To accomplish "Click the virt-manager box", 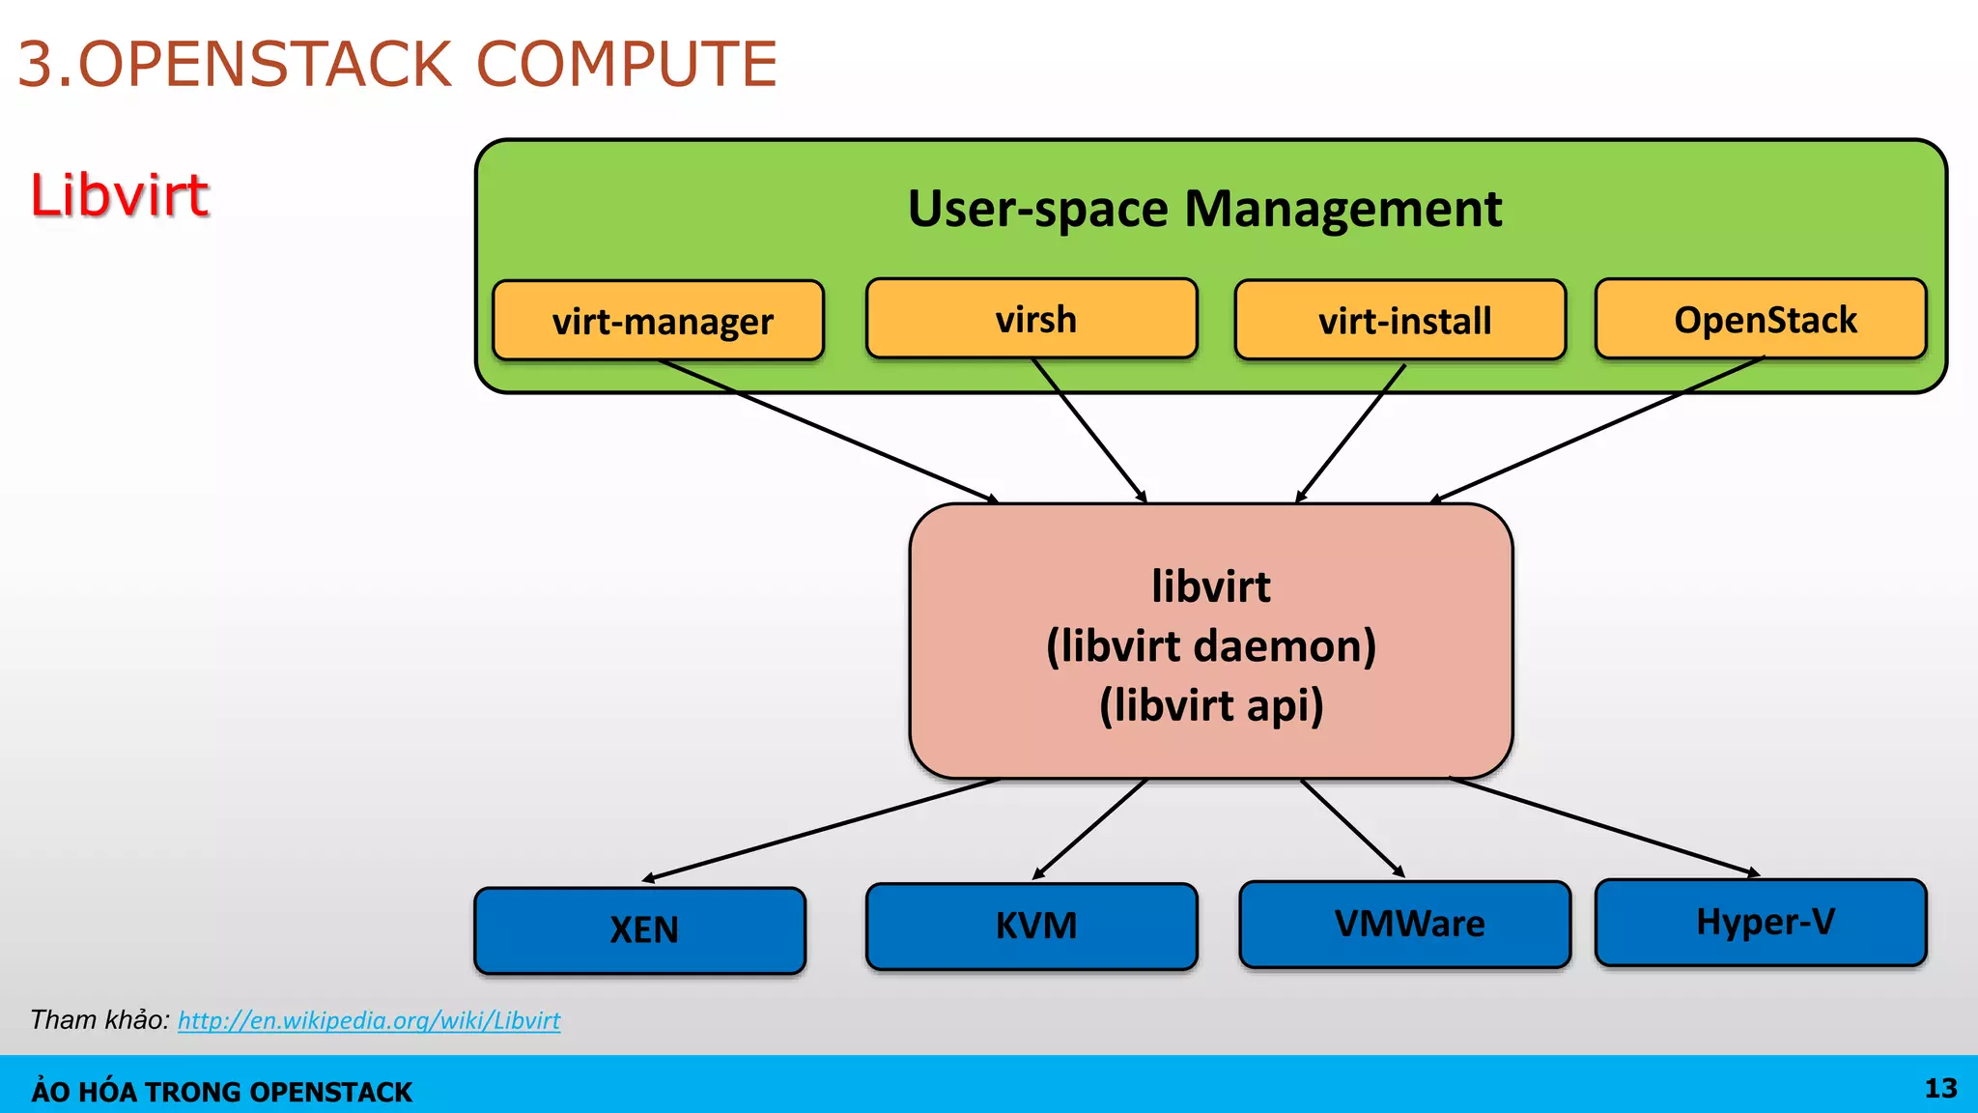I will (659, 321).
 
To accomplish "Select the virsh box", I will (1032, 319).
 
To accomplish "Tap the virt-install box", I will (1400, 320).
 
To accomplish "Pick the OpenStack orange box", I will (1761, 319).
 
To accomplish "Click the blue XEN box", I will (640, 929).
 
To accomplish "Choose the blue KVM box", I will (1032, 926).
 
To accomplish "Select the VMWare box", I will (1405, 924).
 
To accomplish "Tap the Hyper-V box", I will (1761, 922).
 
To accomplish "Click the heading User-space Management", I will (1204, 209).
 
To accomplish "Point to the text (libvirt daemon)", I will (1211, 645).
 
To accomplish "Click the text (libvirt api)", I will (1211, 705).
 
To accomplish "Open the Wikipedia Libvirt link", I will (369, 1020).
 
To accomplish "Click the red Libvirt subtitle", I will (120, 195).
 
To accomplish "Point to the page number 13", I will (1940, 1089).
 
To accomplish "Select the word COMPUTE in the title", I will (626, 65).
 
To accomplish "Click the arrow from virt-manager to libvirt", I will (829, 431).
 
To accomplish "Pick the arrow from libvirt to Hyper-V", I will (1603, 826).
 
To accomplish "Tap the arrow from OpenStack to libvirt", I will (1598, 429).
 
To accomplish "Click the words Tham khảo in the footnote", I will (99, 1020).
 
